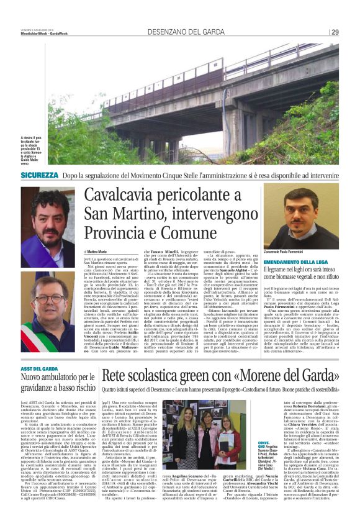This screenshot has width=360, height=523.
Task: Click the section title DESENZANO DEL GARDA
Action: point(178,32)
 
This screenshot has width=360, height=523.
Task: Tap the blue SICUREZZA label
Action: point(40,176)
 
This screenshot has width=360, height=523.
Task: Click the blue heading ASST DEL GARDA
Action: point(37,370)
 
